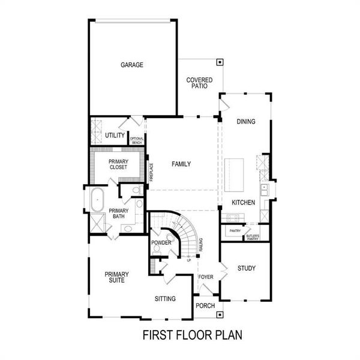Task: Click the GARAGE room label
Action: point(132,65)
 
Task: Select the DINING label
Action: point(245,122)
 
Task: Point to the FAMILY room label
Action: point(181,164)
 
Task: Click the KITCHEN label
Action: point(244,203)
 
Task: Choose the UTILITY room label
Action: point(115,136)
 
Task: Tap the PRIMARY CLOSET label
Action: point(118,164)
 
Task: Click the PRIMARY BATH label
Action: point(118,214)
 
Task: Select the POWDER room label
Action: point(161,243)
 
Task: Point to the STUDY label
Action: point(247,268)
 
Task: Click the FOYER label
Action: point(206,277)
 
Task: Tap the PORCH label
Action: point(205,306)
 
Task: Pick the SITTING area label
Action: point(165,298)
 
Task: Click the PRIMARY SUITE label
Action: point(116,277)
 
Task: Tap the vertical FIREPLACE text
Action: point(152,172)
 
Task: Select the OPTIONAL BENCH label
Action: point(137,140)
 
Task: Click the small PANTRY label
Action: point(235,230)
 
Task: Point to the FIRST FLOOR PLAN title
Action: point(192,334)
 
